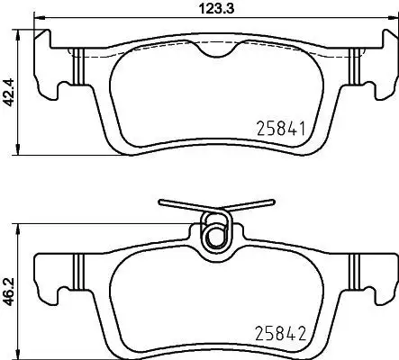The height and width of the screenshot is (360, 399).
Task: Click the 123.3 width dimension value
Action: pos(217,9)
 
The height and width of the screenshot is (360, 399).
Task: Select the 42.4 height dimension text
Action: pos(8,93)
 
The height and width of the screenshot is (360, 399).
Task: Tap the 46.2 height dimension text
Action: pos(8,292)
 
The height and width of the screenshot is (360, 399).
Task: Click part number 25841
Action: pos(281,128)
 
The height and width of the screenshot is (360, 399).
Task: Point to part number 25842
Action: pos(280,333)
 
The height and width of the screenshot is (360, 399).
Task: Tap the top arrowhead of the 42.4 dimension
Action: pos(18,34)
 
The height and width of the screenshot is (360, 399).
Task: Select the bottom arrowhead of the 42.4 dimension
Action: pos(18,150)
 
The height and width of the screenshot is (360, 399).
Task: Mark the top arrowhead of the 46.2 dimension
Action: pos(18,229)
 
